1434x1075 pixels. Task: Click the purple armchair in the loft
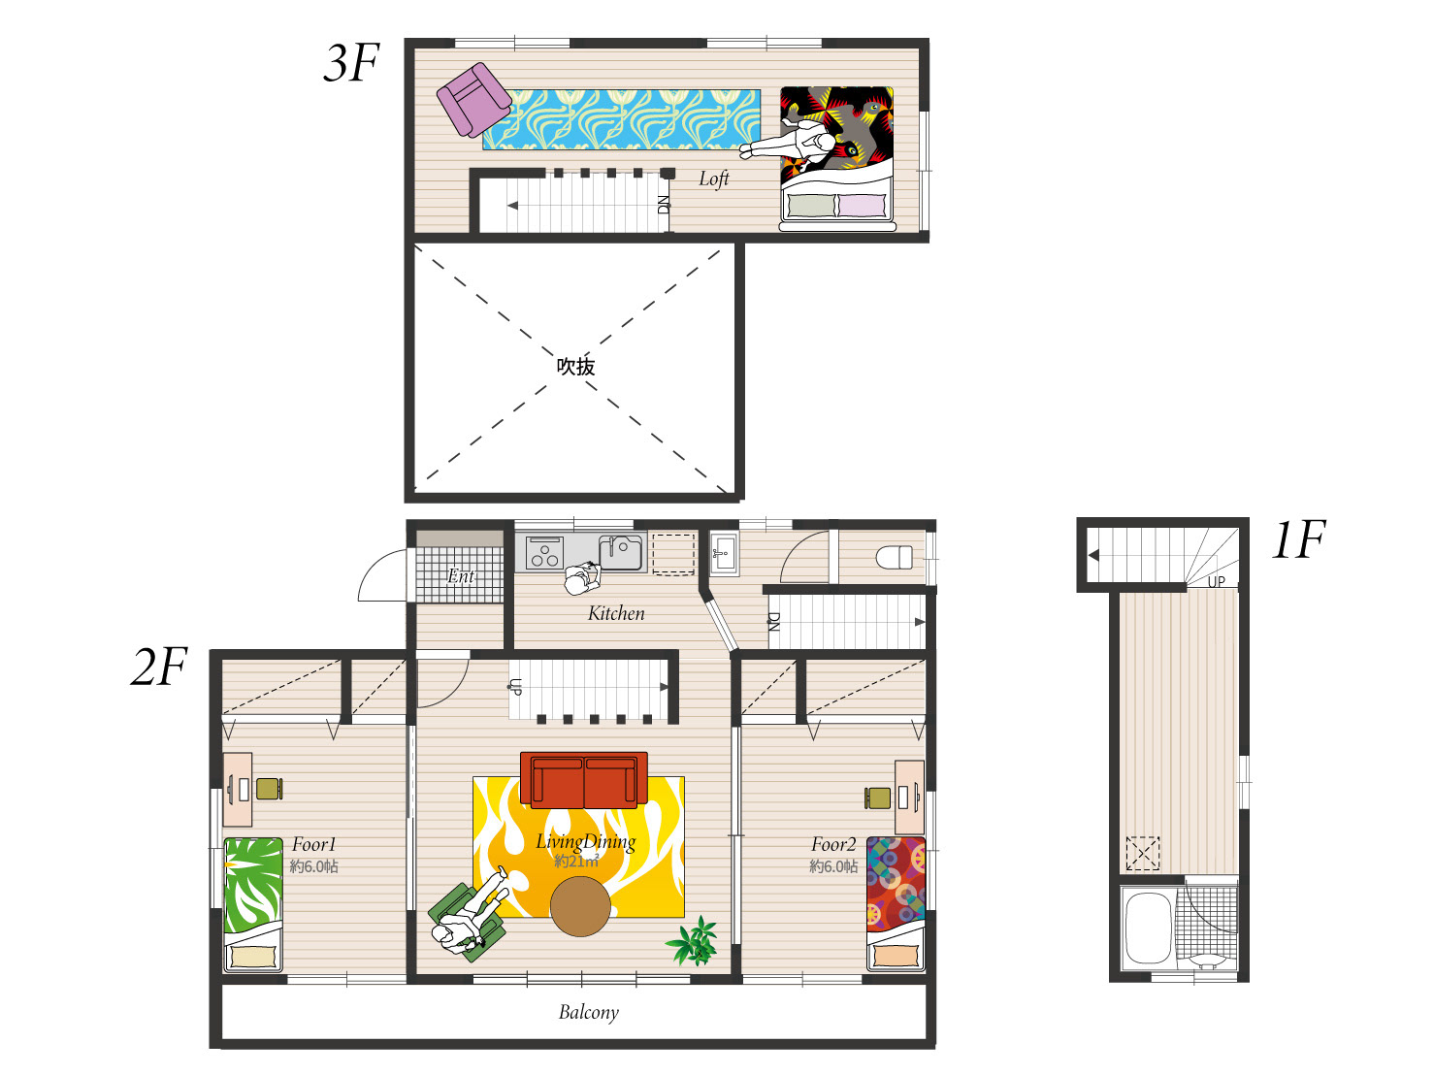473,100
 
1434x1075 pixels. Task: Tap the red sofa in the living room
583,779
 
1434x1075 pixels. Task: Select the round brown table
580,906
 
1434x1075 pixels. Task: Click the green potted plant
693,941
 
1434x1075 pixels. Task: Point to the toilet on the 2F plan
894,557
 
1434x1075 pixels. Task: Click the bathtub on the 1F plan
1148,928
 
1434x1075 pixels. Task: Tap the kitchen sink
621,552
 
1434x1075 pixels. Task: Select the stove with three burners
544,552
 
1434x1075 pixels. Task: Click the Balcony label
588,1012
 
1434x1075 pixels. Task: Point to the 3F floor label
351,63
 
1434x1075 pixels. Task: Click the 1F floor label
1299,539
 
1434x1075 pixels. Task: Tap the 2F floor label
159,667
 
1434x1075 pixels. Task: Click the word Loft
713,179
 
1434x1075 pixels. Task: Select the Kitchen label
616,613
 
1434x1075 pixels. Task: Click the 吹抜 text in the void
575,367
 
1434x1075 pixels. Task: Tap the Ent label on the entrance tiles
461,576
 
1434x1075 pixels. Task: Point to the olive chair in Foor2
877,798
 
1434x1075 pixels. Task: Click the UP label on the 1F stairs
1216,581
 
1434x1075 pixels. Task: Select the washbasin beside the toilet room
724,554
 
